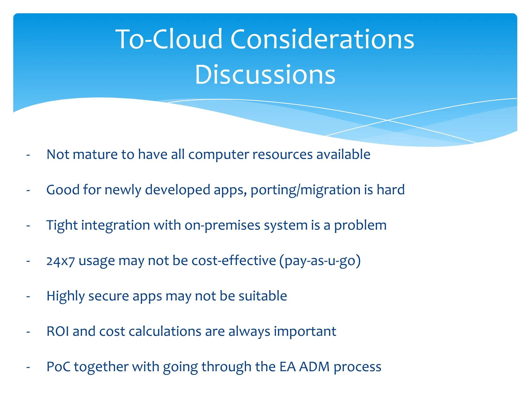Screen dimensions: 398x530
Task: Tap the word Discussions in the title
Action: (x=265, y=75)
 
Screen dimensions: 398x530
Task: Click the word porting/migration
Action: (x=305, y=190)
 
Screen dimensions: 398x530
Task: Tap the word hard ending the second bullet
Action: (x=391, y=190)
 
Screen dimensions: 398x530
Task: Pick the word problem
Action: (x=360, y=225)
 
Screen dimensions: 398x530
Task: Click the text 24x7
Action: (x=61, y=261)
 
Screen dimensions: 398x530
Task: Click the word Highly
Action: (x=65, y=296)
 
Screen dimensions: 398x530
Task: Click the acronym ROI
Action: (x=57, y=331)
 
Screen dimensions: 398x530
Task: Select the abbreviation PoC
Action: (x=58, y=367)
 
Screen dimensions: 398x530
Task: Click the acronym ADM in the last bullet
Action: (x=314, y=367)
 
